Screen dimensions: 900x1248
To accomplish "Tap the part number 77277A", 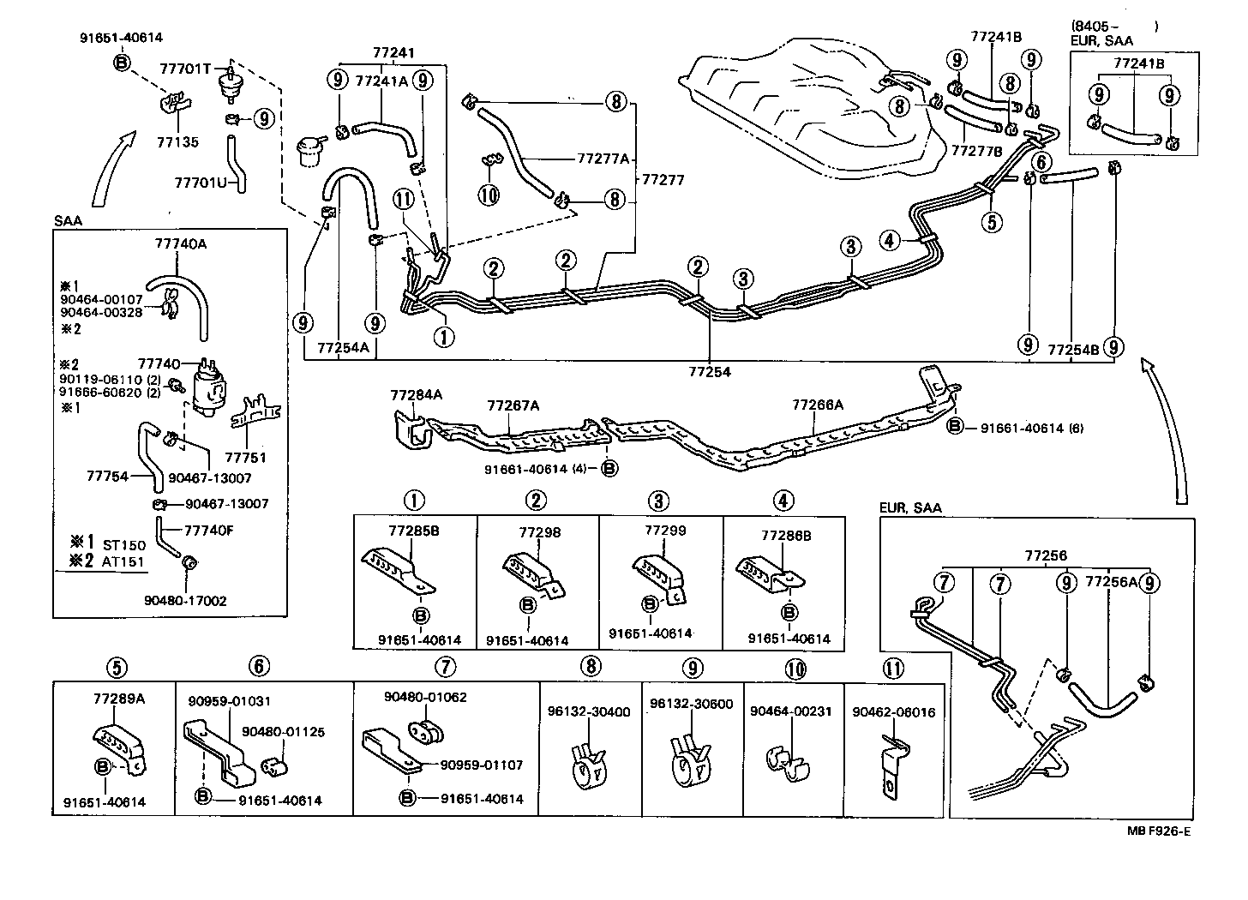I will tap(603, 159).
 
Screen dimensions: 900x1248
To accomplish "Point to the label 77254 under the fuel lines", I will tap(710, 373).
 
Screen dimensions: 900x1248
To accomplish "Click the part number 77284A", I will tap(416, 395).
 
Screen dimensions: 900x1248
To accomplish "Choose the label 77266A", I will tap(818, 405).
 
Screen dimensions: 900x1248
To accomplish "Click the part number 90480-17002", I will tap(185, 601).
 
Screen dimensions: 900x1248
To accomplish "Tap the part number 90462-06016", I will tap(894, 712).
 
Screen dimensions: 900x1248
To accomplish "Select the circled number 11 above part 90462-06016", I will tap(892, 668).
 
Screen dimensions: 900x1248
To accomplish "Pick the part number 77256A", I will tap(1111, 582).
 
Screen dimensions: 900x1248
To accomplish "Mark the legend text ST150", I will tap(124, 545).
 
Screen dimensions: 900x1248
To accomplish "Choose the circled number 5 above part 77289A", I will tap(117, 666).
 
